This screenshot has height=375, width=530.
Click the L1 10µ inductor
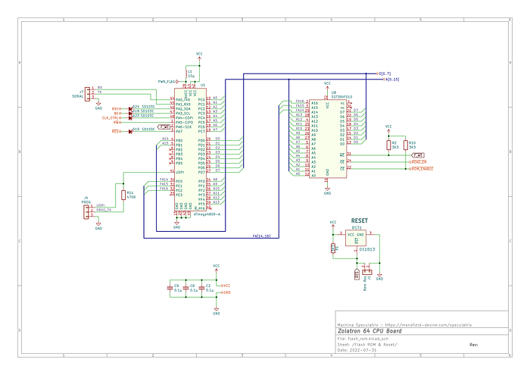pyautogui.click(x=199, y=73)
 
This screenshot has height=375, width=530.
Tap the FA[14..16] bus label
pyautogui.click(x=262, y=236)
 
